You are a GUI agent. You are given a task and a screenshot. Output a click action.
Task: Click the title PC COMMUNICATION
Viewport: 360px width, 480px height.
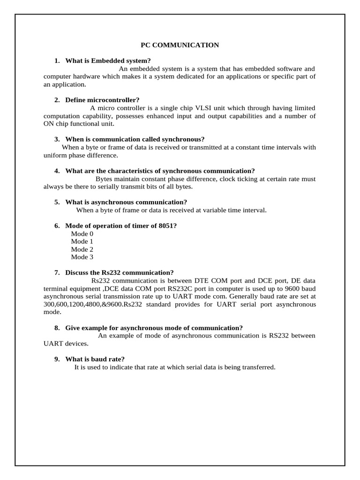click(180, 45)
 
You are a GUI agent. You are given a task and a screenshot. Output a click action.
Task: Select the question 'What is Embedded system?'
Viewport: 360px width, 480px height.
click(108, 60)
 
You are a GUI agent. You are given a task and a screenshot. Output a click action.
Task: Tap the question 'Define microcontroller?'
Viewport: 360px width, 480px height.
click(102, 100)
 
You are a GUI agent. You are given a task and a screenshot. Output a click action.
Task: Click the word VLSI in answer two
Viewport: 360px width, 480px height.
click(202, 108)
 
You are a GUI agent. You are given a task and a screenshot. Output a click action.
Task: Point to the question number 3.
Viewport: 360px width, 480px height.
click(57, 139)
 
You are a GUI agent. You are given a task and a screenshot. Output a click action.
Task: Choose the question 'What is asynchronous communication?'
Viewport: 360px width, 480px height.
click(126, 202)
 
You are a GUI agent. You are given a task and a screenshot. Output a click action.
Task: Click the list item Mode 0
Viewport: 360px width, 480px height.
click(82, 233)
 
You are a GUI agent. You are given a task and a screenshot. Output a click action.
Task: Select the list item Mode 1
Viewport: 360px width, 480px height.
click(82, 241)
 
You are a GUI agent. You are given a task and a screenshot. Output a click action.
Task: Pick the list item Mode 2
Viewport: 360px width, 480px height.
click(82, 249)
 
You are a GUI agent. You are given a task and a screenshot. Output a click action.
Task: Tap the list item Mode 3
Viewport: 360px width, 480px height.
click(82, 257)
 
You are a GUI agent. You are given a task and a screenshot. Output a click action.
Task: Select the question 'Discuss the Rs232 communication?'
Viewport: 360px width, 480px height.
click(119, 272)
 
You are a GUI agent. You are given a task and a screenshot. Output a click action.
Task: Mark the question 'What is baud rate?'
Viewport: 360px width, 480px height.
click(95, 359)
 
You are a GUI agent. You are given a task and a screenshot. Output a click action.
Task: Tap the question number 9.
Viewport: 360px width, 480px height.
click(57, 359)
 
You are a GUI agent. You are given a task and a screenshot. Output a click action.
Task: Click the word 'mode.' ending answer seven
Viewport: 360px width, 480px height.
click(52, 312)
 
